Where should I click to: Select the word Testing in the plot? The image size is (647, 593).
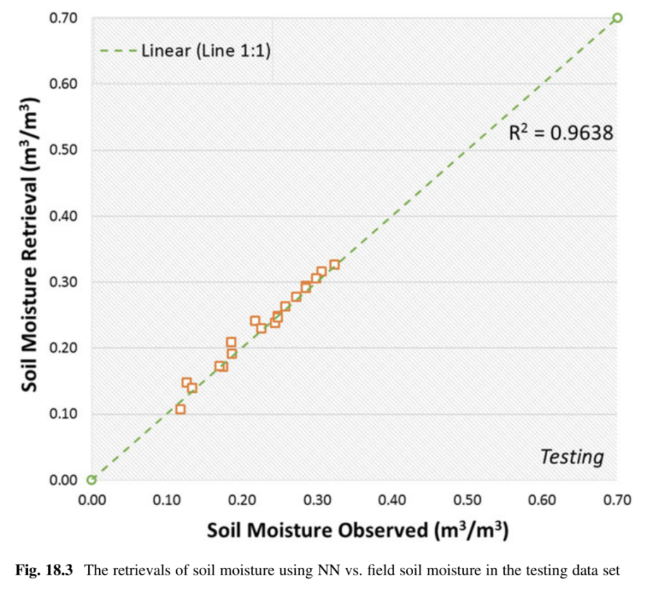point(572,456)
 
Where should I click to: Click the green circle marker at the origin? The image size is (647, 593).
point(92,480)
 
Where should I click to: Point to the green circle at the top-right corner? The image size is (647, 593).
point(617,18)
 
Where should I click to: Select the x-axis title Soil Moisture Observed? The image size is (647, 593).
point(358,530)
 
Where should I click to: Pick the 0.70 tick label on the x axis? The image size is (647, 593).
point(617,501)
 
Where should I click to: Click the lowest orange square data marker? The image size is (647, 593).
point(181,409)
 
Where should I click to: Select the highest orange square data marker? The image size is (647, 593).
point(334,265)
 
